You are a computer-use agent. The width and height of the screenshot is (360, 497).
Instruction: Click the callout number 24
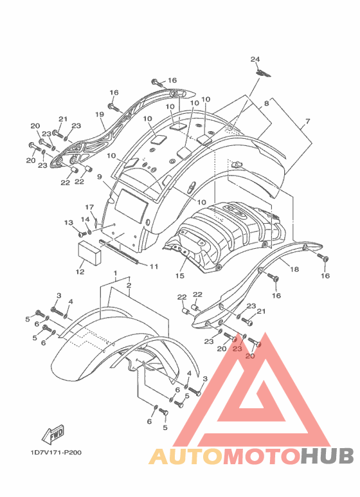255,59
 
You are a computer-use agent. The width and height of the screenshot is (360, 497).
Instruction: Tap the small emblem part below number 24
264,73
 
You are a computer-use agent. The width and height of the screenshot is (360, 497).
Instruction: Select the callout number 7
307,121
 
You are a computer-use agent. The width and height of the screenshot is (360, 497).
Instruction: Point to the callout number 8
266,104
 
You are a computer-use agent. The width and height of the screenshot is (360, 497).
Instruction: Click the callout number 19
100,114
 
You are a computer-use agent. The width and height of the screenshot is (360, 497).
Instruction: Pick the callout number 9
100,177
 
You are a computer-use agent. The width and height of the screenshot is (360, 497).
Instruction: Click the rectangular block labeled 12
90,252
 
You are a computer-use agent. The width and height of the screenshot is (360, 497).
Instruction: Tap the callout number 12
80,271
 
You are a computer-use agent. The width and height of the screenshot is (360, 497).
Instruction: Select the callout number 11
154,267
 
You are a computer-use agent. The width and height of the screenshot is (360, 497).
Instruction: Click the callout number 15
180,276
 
